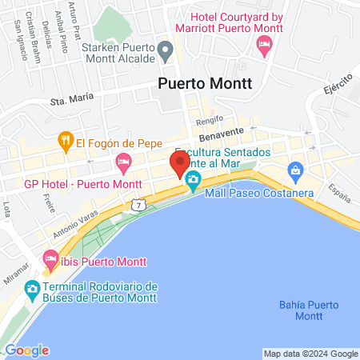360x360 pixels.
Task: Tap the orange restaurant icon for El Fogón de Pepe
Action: click(65, 143)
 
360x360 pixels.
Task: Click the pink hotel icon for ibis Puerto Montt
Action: click(50, 258)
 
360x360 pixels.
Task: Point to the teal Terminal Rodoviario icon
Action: click(33, 288)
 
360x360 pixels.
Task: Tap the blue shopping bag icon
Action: click(295, 170)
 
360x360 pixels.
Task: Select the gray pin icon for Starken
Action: click(166, 53)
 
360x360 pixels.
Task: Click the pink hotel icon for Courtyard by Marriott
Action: click(265, 47)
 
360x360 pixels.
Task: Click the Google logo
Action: click(26, 350)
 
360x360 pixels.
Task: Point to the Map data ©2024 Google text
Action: click(310, 354)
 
